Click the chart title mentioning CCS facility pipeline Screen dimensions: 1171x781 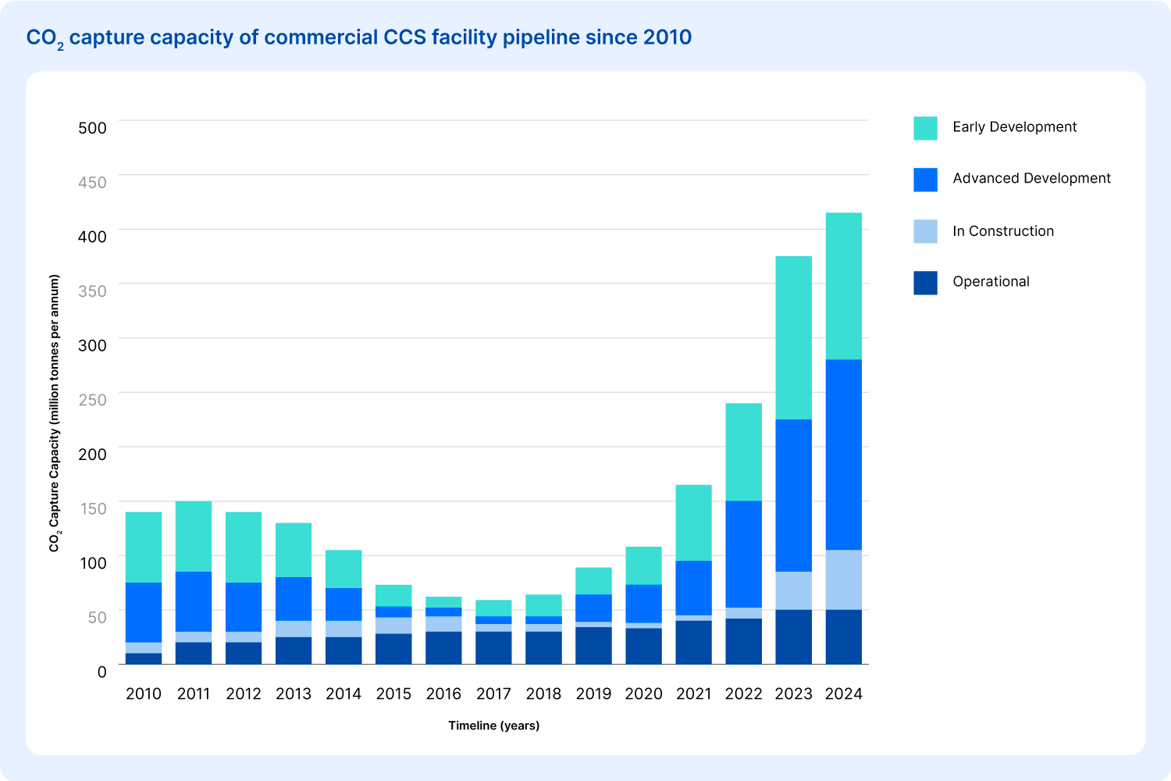tap(358, 38)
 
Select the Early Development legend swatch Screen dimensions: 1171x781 tap(925, 128)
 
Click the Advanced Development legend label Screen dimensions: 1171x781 tap(1031, 178)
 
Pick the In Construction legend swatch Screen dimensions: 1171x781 tap(925, 231)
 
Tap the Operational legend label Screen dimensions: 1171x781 tap(991, 281)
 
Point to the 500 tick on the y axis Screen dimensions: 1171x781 tap(92, 127)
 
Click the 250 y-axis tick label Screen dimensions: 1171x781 tap(92, 400)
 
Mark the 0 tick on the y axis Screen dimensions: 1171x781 tap(102, 672)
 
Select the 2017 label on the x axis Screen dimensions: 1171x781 tap(493, 694)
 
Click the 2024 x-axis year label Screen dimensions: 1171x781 tap(843, 694)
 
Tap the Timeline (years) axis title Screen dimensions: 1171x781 tap(494, 726)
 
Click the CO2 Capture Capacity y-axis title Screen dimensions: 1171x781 tap(55, 413)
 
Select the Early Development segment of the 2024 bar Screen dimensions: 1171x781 tap(844, 286)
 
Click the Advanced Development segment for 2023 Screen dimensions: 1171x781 tap(794, 495)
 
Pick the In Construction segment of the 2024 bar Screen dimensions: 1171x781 tap(844, 580)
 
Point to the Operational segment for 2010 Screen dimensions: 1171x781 tap(144, 658)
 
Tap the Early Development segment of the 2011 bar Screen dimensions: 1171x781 tap(194, 537)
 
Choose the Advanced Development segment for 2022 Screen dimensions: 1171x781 tap(743, 555)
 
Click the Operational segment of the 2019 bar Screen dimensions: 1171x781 tap(593, 646)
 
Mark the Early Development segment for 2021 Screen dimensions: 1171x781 tap(694, 523)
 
